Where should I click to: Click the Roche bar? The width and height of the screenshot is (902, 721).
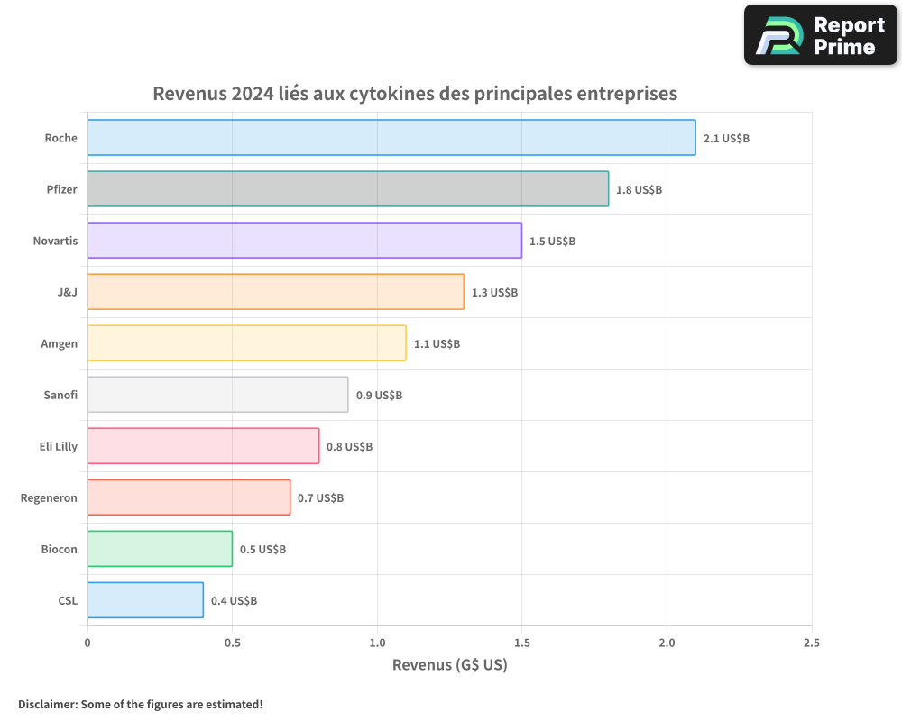(391, 138)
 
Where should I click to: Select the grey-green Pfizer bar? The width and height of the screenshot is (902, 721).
(348, 189)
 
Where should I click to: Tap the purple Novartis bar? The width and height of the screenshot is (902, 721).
(305, 241)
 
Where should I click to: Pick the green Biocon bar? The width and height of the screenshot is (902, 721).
(160, 549)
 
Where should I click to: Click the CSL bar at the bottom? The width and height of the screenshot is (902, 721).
(145, 600)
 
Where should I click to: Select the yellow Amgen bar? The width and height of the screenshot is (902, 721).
(246, 343)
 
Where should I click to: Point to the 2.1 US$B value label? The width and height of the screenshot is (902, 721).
(726, 139)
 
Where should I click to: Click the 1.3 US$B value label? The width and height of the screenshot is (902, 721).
(494, 293)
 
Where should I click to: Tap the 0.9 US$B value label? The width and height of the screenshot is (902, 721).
(379, 396)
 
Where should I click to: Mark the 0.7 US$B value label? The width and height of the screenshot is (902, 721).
(320, 498)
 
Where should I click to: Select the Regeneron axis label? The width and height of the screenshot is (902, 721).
(49, 497)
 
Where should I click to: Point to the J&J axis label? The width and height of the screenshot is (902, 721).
(67, 292)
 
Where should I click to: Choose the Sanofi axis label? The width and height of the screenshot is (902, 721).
(60, 395)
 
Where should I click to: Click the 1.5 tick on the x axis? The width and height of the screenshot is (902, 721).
(522, 643)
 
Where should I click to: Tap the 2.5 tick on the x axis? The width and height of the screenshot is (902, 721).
(812, 643)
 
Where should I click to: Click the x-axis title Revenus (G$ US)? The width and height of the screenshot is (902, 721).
(449, 665)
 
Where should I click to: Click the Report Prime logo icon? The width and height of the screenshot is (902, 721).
(777, 35)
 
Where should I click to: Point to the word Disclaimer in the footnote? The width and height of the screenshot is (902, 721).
(46, 704)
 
